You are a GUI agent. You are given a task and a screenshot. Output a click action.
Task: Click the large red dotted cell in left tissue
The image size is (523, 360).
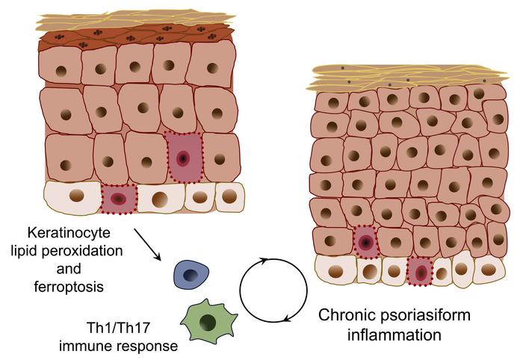183,158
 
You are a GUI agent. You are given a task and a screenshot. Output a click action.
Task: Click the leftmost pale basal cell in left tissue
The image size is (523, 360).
74,196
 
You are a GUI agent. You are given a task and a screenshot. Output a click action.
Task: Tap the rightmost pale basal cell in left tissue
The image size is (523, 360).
229,196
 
